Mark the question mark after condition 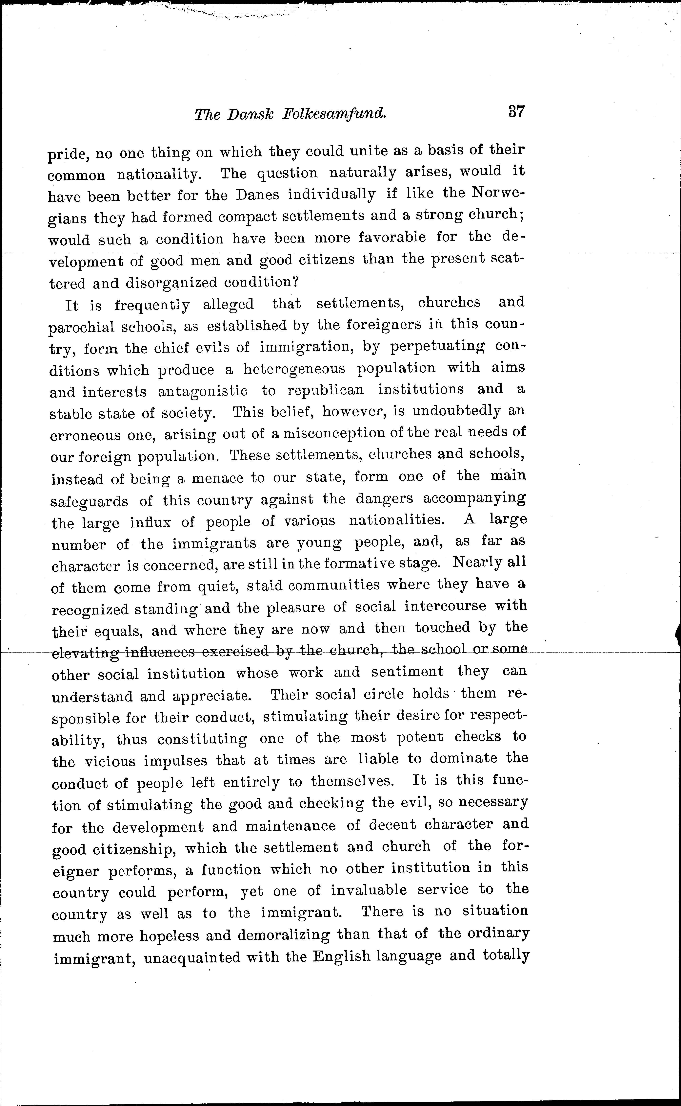[295, 282]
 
